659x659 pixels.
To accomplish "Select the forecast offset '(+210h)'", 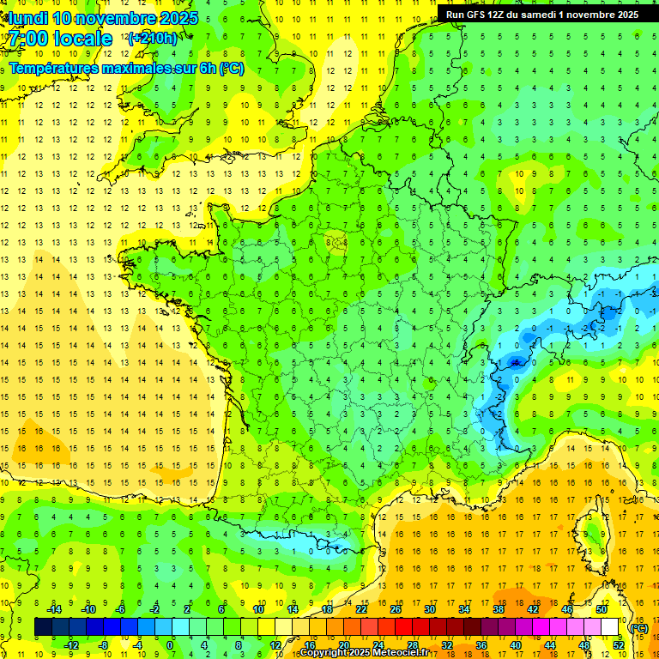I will (x=153, y=39).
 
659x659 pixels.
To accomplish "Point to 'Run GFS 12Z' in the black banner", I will (x=479, y=15).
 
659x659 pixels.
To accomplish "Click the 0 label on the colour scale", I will (x=170, y=645).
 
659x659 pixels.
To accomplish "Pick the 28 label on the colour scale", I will (x=412, y=645).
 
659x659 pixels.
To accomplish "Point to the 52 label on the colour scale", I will (x=618, y=645).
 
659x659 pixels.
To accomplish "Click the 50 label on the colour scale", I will (x=601, y=609).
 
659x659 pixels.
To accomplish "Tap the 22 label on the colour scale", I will (x=361, y=609).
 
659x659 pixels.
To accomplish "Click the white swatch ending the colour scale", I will (x=609, y=627).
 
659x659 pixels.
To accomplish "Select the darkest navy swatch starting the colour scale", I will (x=43, y=627).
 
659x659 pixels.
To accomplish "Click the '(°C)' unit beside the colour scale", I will (x=638, y=627).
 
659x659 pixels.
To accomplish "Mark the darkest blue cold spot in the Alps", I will (x=515, y=362).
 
